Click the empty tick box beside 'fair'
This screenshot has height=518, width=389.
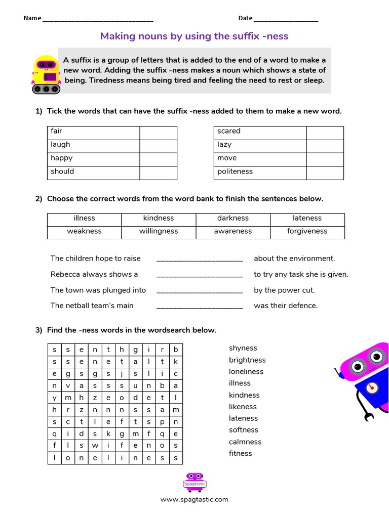coord(158,133)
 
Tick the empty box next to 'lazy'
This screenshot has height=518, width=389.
coord(325,146)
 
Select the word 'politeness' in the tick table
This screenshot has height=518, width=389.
coord(235,171)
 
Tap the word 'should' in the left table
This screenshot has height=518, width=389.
coord(62,171)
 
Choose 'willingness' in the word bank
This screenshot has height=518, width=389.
coord(159,231)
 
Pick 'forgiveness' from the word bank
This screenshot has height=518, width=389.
coord(307,231)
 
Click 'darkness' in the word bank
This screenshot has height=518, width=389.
coord(233,218)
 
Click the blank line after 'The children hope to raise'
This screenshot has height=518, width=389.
coord(200,259)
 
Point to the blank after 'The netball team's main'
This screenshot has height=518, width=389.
coord(200,306)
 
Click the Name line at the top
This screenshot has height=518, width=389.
coord(98,19)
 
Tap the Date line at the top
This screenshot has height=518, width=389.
coord(286,19)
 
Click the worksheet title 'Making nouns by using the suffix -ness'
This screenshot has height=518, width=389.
coord(194,36)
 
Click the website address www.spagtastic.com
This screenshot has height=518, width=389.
coord(194,499)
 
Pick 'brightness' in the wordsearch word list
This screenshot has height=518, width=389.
coord(247,360)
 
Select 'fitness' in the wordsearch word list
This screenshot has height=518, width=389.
coord(240,453)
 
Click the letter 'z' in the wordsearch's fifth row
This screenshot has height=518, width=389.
coord(95,398)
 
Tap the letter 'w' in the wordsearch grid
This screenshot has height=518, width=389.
coord(95,446)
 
